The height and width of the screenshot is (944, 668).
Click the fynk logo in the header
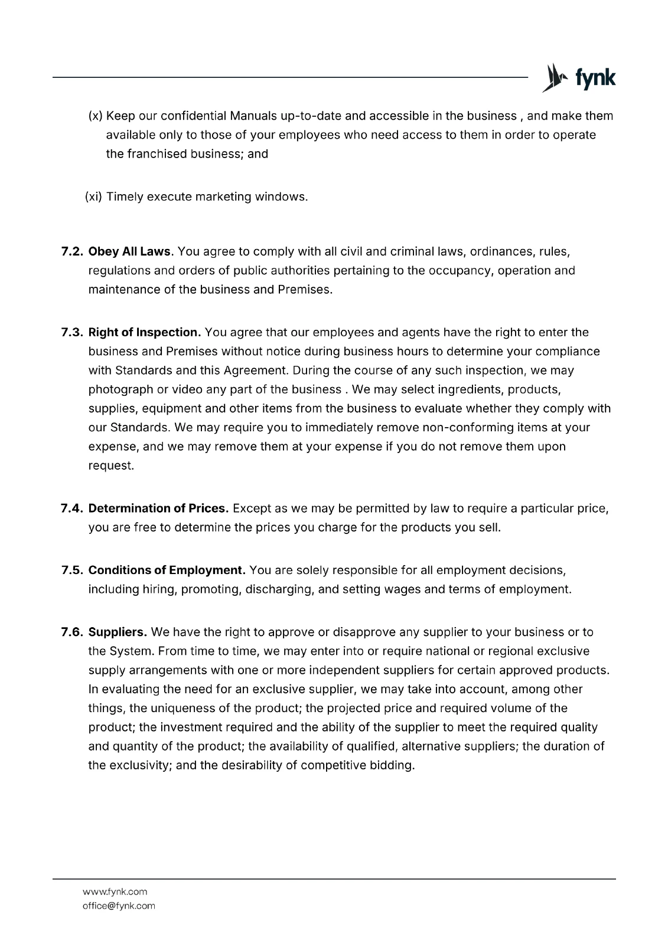pos(579,78)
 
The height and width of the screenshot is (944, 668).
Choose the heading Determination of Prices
pos(158,509)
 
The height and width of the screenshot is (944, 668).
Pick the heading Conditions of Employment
pos(167,571)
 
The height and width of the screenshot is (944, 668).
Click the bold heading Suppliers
pos(118,632)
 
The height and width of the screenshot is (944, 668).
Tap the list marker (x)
pos(95,116)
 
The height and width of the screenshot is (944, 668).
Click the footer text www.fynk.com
pos(115,891)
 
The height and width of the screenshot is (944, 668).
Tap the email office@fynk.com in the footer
pos(119,906)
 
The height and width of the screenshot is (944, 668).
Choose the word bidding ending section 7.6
pos(394,766)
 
